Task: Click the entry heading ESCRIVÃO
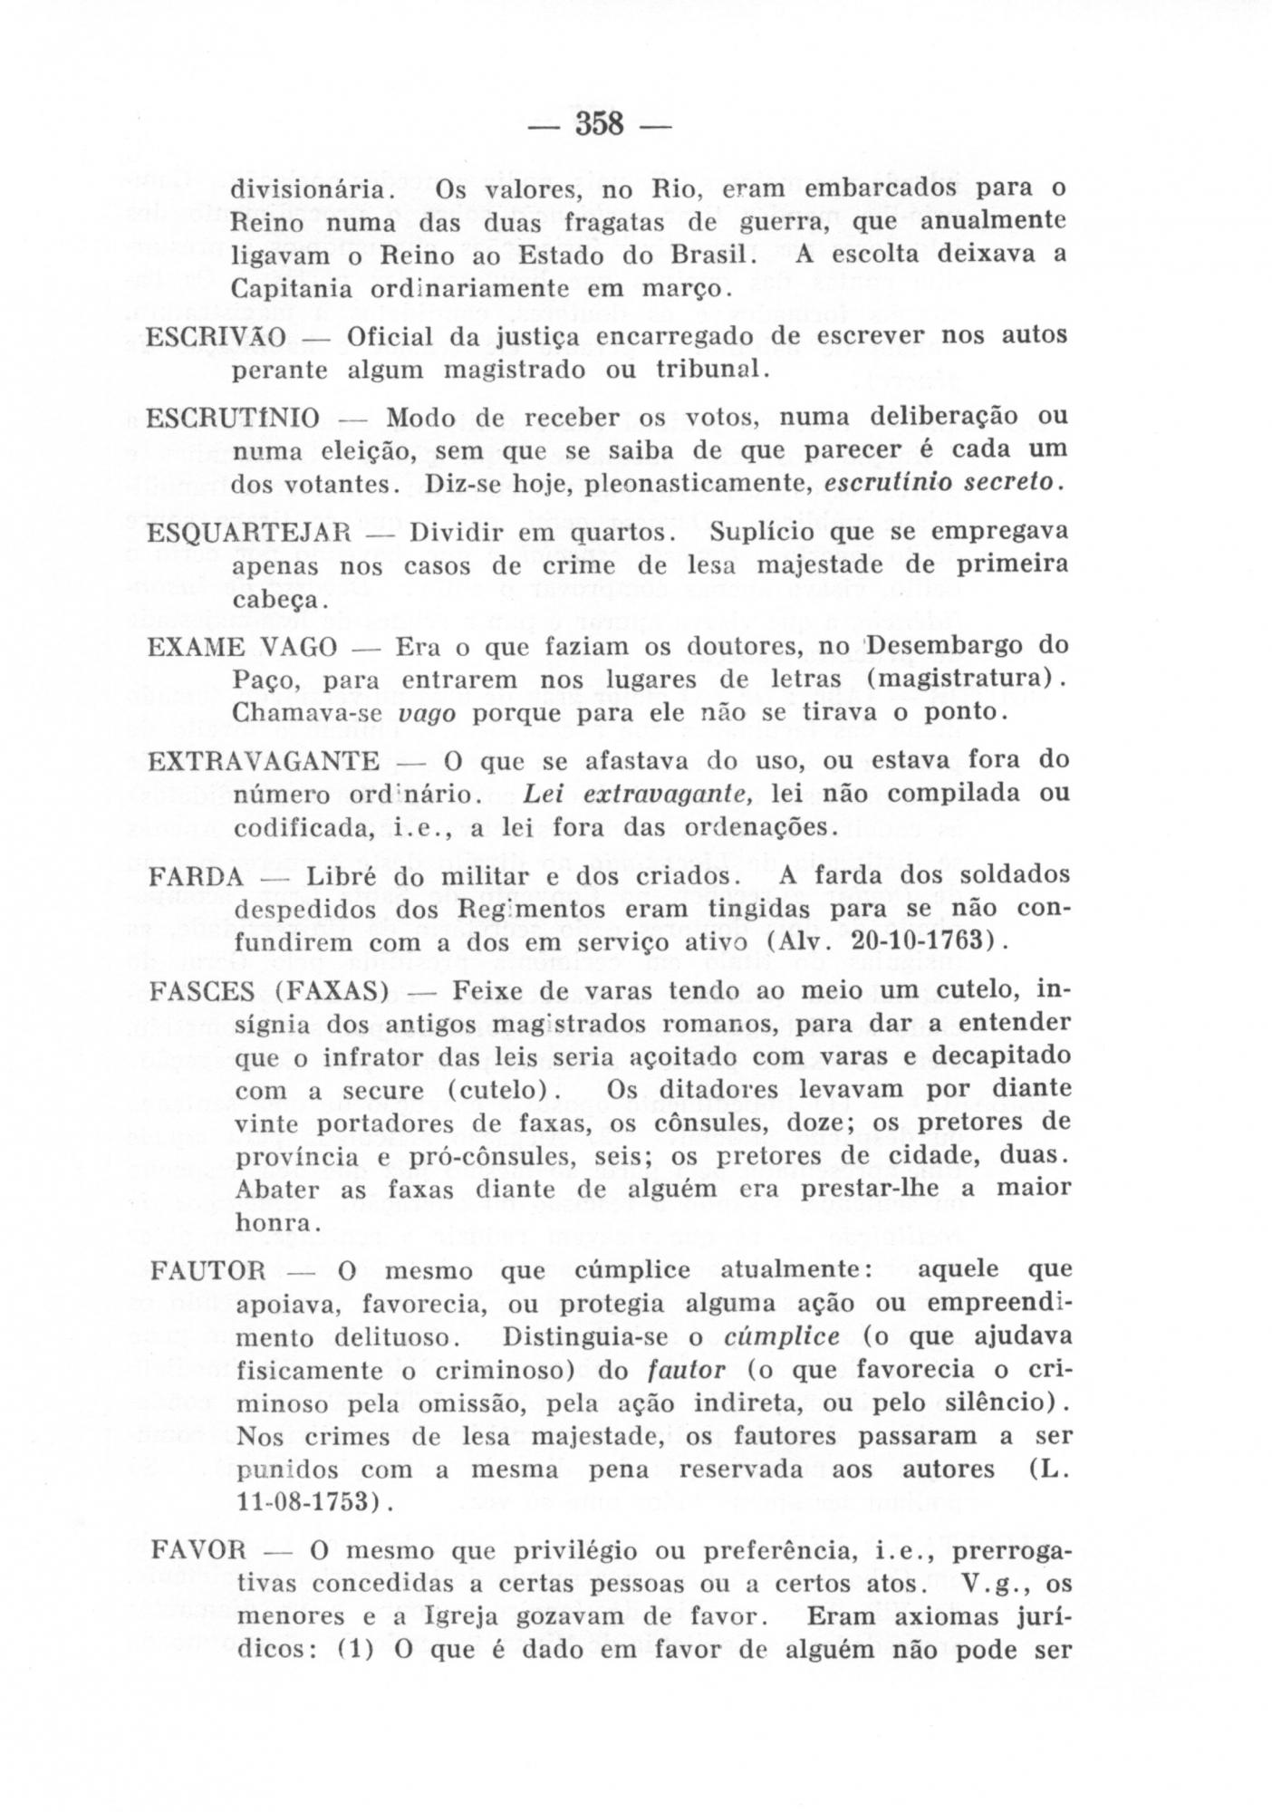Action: pos(217,337)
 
